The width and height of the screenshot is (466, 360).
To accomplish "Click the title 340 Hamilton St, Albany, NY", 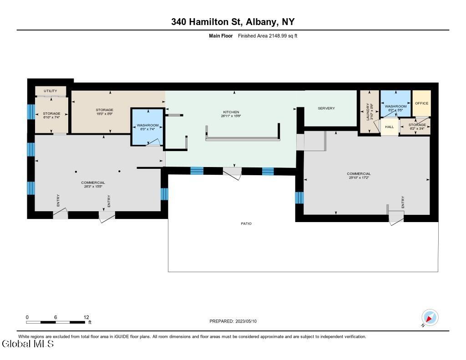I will pos(233,21).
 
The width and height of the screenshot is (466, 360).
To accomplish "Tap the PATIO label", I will pos(246,223).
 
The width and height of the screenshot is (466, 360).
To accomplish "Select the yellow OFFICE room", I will pos(421,103).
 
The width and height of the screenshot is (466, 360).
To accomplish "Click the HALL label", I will pos(389,127).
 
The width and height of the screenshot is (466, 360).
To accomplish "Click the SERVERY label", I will pos(326,108).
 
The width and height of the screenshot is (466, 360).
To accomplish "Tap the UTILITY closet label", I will pos(51,91).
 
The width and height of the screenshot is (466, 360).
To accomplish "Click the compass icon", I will pos(430,317).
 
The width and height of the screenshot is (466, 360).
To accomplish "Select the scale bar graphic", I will pos(56,322).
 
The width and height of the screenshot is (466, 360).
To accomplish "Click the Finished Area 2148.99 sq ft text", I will pos(268,35).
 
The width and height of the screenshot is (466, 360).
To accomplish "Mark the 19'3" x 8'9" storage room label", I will pos(104,112).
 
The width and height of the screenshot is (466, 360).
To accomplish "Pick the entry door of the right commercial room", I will pos(395,219).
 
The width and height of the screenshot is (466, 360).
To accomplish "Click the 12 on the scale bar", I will pos(86,317).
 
